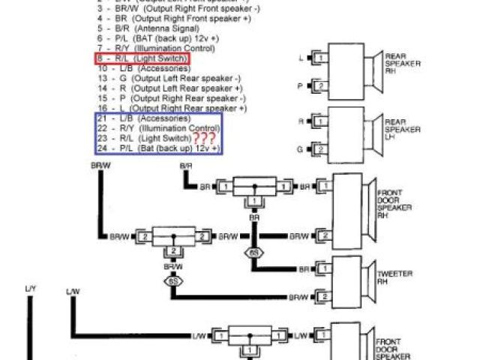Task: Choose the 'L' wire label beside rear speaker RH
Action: point(301,58)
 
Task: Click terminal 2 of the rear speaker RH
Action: point(320,86)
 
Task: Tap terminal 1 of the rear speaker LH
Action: point(320,121)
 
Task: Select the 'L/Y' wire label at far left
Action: point(30,288)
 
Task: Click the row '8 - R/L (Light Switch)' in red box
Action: point(142,58)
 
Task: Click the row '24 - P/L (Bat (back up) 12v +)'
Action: point(157,149)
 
